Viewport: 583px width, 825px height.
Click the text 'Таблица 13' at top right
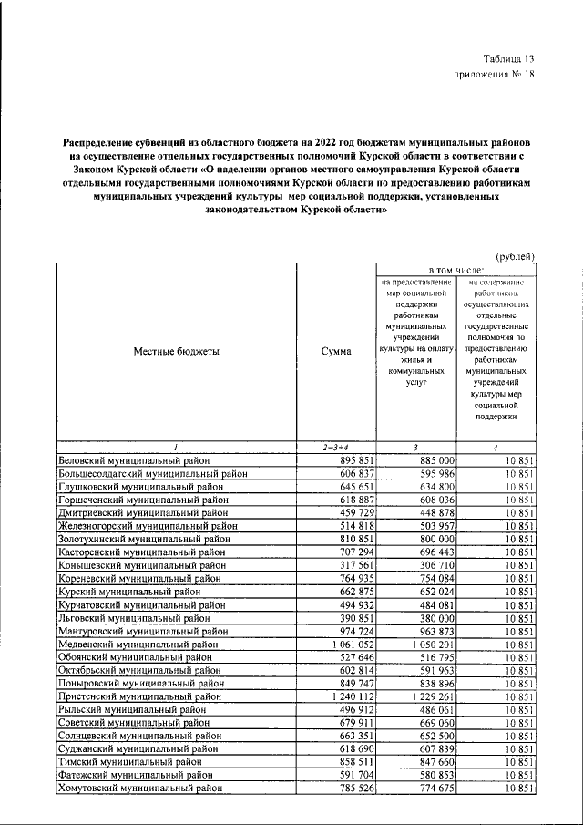(x=508, y=58)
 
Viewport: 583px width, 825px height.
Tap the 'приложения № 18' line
(x=493, y=75)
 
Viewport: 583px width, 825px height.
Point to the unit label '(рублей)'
(x=516, y=257)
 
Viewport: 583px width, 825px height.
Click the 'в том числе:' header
(x=455, y=271)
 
